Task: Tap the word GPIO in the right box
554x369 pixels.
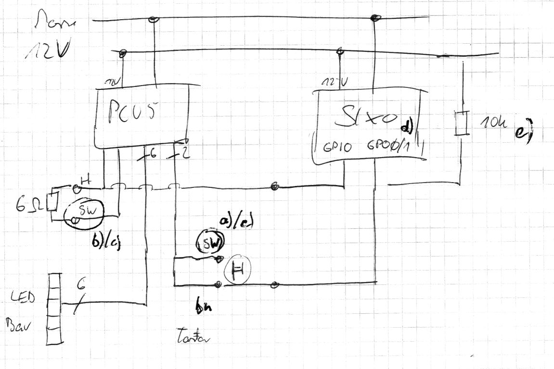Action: (x=338, y=146)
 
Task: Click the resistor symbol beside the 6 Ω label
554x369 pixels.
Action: (x=53, y=202)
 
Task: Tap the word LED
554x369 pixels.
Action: (x=22, y=299)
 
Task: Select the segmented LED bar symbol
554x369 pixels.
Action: (x=55, y=308)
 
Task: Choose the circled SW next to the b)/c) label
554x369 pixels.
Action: (x=86, y=212)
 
